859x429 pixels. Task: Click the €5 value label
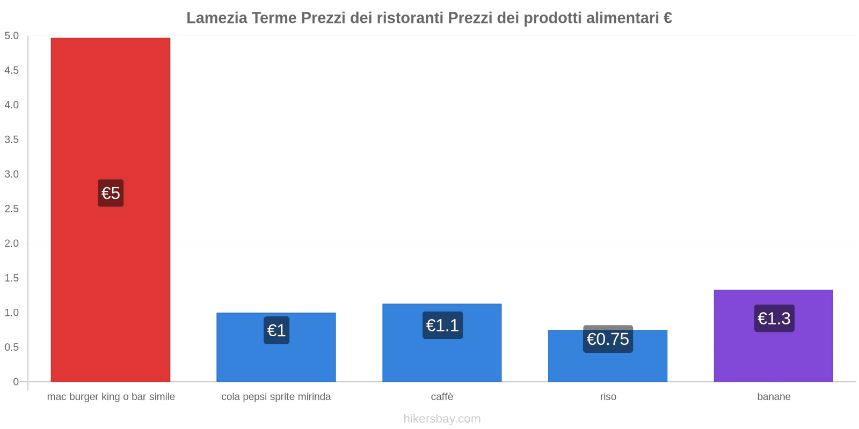(111, 193)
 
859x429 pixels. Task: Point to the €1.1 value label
(442, 326)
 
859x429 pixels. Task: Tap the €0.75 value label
(608, 339)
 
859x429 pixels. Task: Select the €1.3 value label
(774, 319)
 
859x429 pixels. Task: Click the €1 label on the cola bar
(276, 330)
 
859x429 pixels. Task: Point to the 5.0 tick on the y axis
(12, 36)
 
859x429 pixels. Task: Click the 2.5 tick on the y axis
(12, 209)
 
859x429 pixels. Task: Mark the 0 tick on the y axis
(16, 382)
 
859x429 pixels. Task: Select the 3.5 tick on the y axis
(12, 139)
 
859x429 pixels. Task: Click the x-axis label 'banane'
(774, 397)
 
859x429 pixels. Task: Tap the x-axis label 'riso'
(608, 397)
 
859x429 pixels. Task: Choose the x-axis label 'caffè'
(442, 397)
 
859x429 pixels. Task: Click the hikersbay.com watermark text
(442, 419)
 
